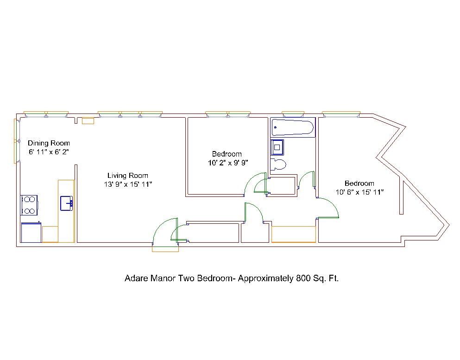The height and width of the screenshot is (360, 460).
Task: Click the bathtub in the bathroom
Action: pyautogui.click(x=293, y=127)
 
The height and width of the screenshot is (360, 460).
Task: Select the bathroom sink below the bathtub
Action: pyautogui.click(x=277, y=147)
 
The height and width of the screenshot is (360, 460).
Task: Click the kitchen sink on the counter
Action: pyautogui.click(x=67, y=203)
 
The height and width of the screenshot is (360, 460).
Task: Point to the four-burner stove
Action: pyautogui.click(x=29, y=205)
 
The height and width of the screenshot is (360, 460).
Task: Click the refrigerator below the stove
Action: pyautogui.click(x=31, y=233)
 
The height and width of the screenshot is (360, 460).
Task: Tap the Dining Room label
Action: pyautogui.click(x=49, y=143)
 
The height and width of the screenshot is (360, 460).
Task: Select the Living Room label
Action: pyautogui.click(x=127, y=176)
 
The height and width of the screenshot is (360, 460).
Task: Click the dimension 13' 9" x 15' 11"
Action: pyautogui.click(x=128, y=184)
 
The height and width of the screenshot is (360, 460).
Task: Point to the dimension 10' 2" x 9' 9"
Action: pyautogui.click(x=228, y=163)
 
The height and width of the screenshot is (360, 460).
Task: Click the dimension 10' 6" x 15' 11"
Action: pyautogui.click(x=359, y=192)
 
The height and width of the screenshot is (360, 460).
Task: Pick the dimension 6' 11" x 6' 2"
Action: pyautogui.click(x=49, y=152)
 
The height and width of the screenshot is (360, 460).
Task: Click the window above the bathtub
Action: pyautogui.click(x=293, y=114)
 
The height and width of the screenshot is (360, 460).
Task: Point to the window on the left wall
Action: pyautogui.click(x=17, y=141)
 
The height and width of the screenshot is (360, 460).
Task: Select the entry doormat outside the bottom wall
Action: pyautogui.click(x=165, y=249)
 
